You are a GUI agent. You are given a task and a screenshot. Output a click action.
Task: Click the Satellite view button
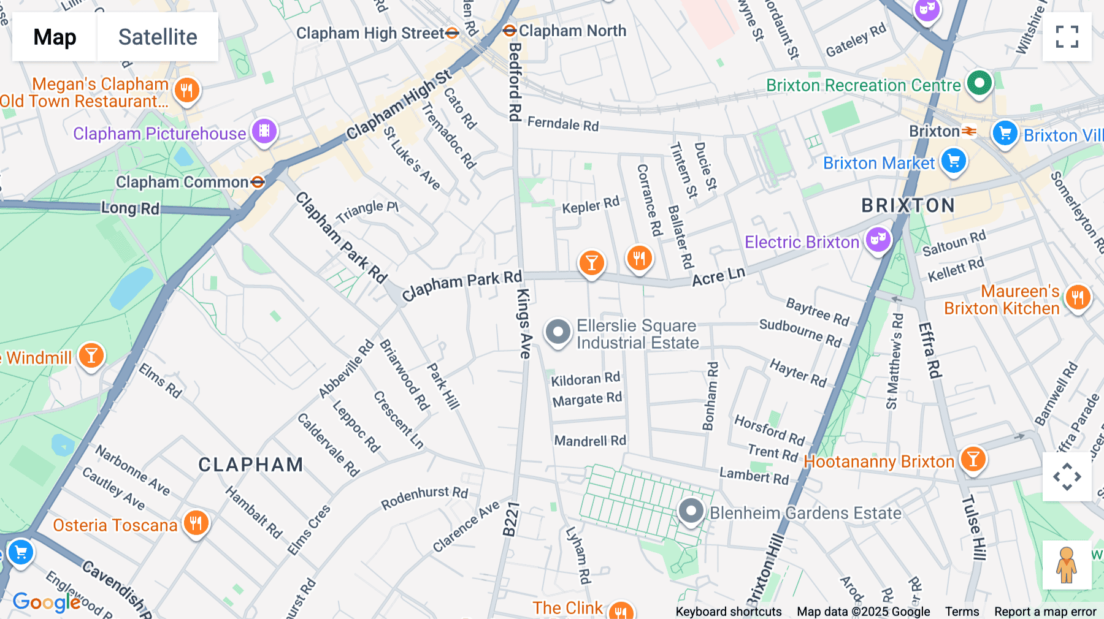[x=158, y=37]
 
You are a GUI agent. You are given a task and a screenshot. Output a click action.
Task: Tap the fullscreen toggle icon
[x=1067, y=37]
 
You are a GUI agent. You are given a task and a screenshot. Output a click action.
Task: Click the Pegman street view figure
[x=1067, y=565]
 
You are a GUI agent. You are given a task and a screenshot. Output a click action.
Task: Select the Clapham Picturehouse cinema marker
[x=264, y=131]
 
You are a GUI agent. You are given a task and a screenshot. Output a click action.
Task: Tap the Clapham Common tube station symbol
[x=258, y=182]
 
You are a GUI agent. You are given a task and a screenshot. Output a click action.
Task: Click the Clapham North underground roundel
[x=509, y=31]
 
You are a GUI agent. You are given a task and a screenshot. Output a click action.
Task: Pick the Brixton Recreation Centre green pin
[x=979, y=83]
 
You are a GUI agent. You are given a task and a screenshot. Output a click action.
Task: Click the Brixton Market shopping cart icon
[x=953, y=161]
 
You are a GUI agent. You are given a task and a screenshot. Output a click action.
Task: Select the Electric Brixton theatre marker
[x=878, y=240]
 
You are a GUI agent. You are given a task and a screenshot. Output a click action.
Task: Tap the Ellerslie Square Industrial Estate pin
[x=558, y=332]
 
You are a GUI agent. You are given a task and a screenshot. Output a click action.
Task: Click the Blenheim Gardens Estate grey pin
[x=691, y=511]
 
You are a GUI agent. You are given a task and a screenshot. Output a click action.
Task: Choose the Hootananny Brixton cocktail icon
[x=973, y=459]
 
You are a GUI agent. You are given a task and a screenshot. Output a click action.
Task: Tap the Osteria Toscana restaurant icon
[x=196, y=523]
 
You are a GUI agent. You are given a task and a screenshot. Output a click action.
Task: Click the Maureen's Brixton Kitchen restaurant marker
[x=1078, y=298]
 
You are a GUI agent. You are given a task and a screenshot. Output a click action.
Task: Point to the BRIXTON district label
[x=908, y=205]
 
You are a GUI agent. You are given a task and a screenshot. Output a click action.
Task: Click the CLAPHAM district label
[x=250, y=465]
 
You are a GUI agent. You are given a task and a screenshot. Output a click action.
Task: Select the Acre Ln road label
[x=718, y=276]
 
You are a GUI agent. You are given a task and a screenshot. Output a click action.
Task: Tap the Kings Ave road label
[x=524, y=323]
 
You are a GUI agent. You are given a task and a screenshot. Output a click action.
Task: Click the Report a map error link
[x=1045, y=612]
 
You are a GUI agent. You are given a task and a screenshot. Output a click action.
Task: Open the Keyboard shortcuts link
[x=728, y=612]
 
